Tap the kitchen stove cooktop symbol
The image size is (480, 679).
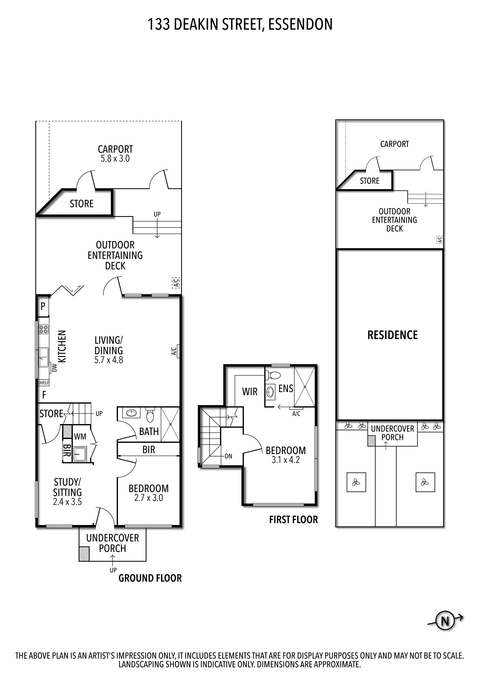[44, 329]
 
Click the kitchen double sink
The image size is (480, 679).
[44, 357]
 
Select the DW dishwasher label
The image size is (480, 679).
[54, 368]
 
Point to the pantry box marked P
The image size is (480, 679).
[43, 306]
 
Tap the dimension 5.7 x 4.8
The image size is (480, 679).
[108, 360]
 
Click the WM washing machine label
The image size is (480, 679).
[80, 437]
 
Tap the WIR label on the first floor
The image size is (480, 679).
[250, 392]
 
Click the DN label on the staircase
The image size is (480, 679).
[228, 456]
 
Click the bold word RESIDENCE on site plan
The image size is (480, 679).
[392, 335]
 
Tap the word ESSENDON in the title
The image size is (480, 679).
[300, 25]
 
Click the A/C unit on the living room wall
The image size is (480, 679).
[178, 351]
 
